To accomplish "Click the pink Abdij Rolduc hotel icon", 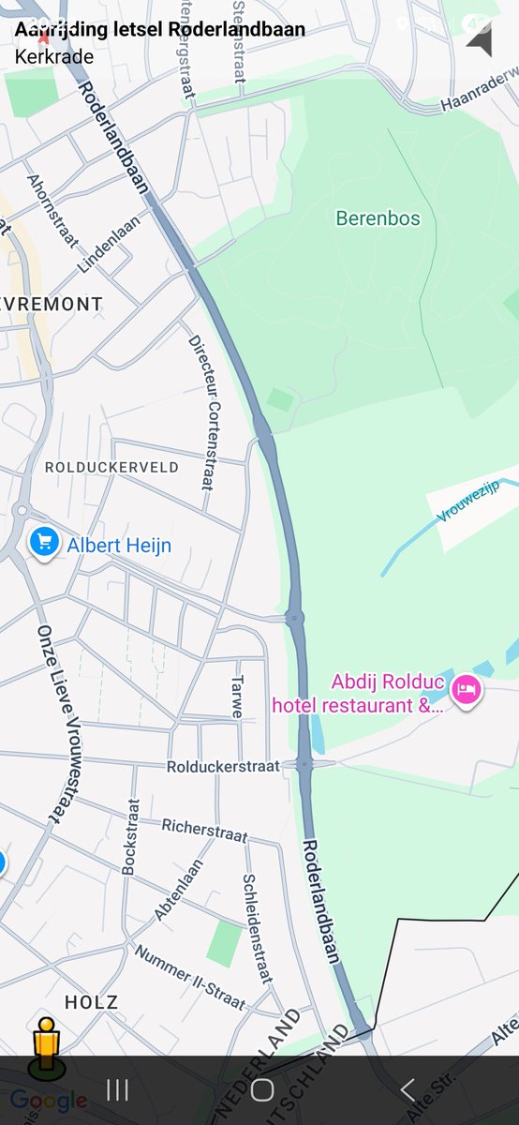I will [x=466, y=690].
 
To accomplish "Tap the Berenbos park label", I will [x=378, y=219].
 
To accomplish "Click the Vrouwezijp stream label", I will [x=482, y=500].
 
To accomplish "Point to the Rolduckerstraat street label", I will [x=223, y=767].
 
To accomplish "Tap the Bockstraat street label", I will [x=131, y=836].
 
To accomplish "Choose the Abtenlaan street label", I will [x=178, y=891].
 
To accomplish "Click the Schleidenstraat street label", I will [x=257, y=929].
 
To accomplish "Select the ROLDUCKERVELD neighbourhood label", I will [x=111, y=467].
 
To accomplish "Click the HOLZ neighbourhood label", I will [x=91, y=1002].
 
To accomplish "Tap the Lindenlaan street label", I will [x=109, y=244].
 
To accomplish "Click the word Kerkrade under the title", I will [x=54, y=56].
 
